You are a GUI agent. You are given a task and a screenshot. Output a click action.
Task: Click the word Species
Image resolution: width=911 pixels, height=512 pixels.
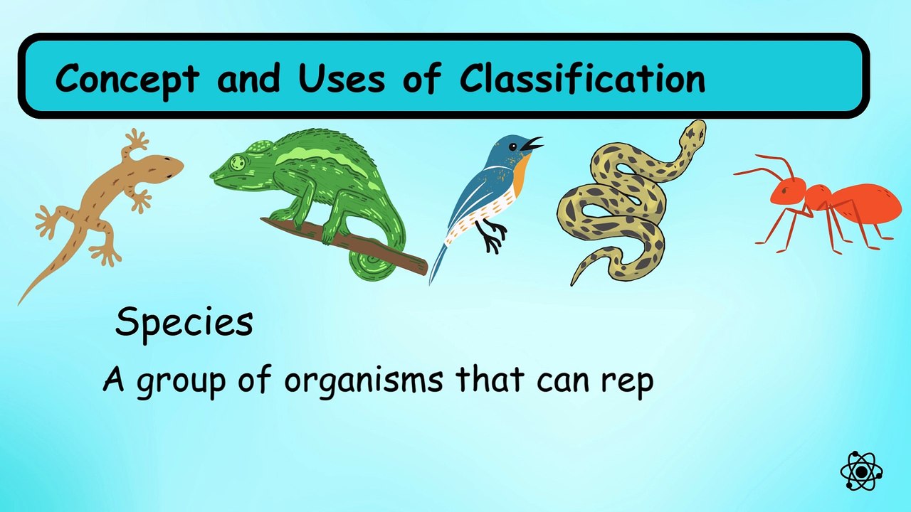tap(184, 322)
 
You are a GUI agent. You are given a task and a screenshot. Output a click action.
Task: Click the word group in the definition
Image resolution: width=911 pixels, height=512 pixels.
tap(177, 382)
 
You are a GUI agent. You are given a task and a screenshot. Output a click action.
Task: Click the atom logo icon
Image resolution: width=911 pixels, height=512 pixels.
tap(861, 471)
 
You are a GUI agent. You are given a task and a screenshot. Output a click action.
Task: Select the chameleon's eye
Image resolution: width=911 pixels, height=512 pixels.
tap(238, 163)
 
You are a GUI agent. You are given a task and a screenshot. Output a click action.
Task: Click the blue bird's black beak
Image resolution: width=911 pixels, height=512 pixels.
tap(532, 144)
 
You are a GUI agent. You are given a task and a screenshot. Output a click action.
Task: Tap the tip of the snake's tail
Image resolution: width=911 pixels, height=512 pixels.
tap(573, 282)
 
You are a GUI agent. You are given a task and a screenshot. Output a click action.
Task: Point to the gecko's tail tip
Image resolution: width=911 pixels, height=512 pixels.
tap(21, 300)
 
